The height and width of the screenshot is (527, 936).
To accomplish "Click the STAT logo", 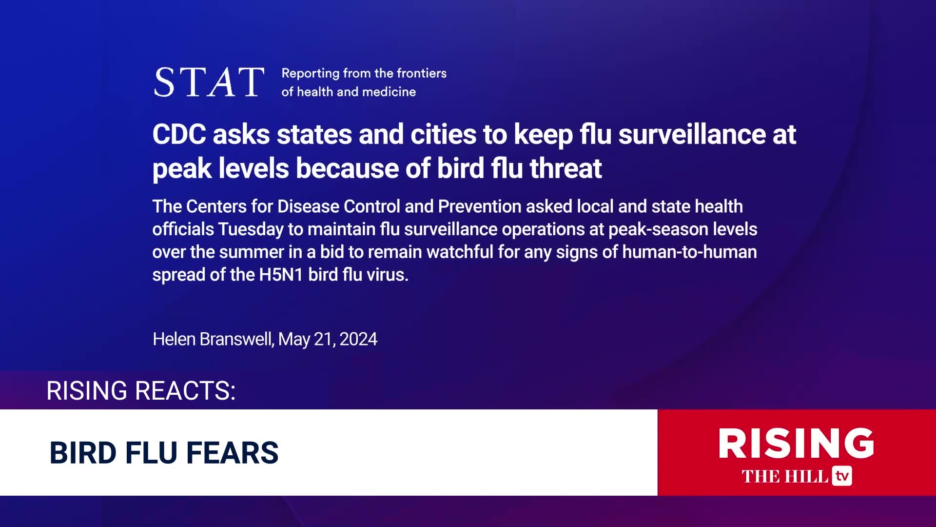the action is tap(209, 82).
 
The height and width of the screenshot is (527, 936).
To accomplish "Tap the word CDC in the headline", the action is tap(179, 134).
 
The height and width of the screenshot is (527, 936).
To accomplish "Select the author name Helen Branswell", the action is tap(213, 339).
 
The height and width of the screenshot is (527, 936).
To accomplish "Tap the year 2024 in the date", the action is tap(358, 339).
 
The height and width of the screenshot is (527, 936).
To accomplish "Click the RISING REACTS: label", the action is tap(141, 390).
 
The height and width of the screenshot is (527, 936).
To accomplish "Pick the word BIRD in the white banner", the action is tap(83, 453).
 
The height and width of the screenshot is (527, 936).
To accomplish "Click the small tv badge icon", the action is tap(842, 476).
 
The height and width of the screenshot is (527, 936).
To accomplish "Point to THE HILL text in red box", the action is tap(785, 476).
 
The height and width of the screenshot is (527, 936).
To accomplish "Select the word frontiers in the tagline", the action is tap(422, 73).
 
